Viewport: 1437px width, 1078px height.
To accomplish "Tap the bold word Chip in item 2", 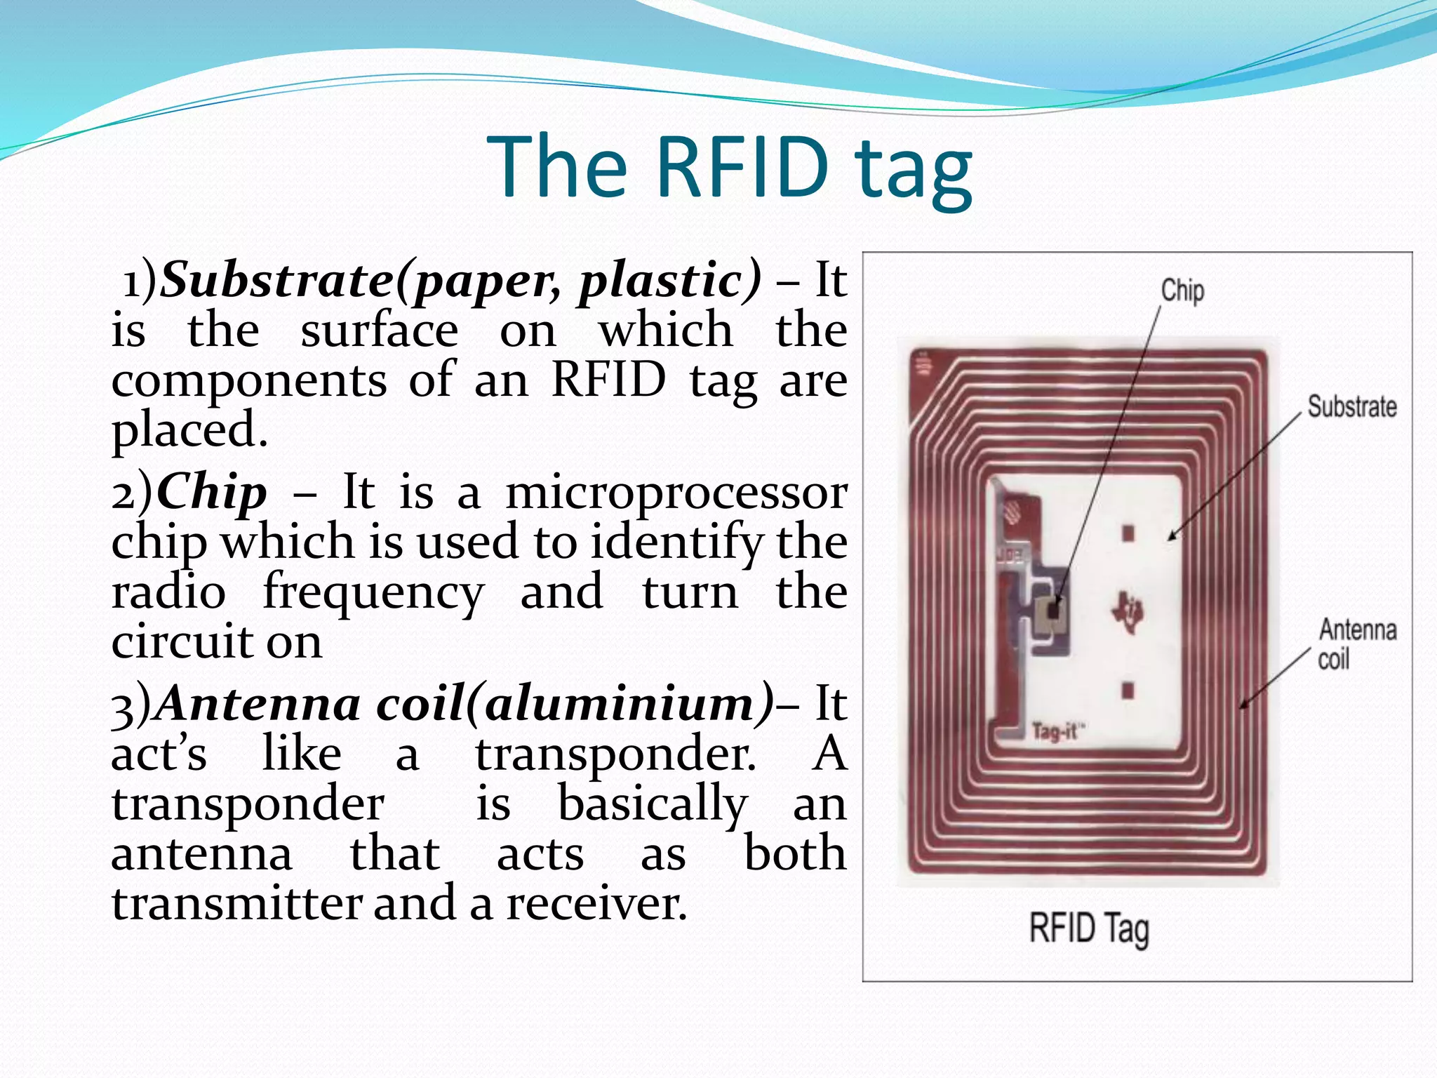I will pos(212,492).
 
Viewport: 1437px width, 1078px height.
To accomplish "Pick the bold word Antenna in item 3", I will pos(258,704).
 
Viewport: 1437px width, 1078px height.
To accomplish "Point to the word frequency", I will pos(373,592).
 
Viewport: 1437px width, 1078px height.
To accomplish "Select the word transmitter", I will pos(236,903).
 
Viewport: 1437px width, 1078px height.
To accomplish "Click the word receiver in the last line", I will pos(596,903).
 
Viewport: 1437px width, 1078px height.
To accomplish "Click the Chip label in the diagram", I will pos(1182,291).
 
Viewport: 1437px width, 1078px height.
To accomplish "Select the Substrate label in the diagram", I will pos(1351,407).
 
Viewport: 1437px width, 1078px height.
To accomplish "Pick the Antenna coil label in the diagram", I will pos(1356,644).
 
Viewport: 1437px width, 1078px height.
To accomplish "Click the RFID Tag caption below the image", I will pos(1088,929).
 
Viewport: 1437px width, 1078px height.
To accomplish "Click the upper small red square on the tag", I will pos(1128,533).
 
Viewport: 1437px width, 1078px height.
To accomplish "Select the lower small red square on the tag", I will pos(1128,690).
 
